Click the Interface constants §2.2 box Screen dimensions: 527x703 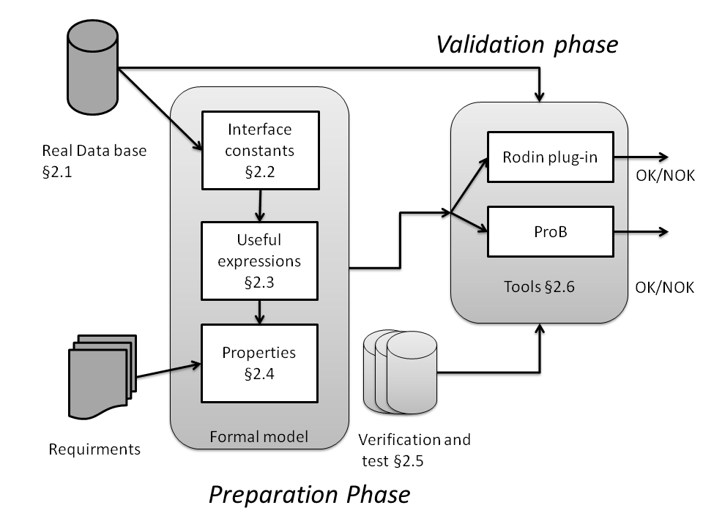(259, 149)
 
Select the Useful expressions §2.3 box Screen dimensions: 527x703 (259, 261)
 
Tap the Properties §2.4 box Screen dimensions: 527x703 (259, 363)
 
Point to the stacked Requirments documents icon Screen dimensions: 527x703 (102, 373)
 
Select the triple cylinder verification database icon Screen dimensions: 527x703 (400, 372)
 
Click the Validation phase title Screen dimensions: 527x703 (527, 45)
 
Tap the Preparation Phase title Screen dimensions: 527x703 (309, 494)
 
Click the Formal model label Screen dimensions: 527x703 (258, 437)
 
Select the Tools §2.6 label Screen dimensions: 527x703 (539, 287)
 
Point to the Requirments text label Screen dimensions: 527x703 (94, 449)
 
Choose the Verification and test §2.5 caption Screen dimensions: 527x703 (414, 449)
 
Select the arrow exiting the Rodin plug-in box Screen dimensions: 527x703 (641, 157)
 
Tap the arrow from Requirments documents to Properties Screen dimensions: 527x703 (168, 370)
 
